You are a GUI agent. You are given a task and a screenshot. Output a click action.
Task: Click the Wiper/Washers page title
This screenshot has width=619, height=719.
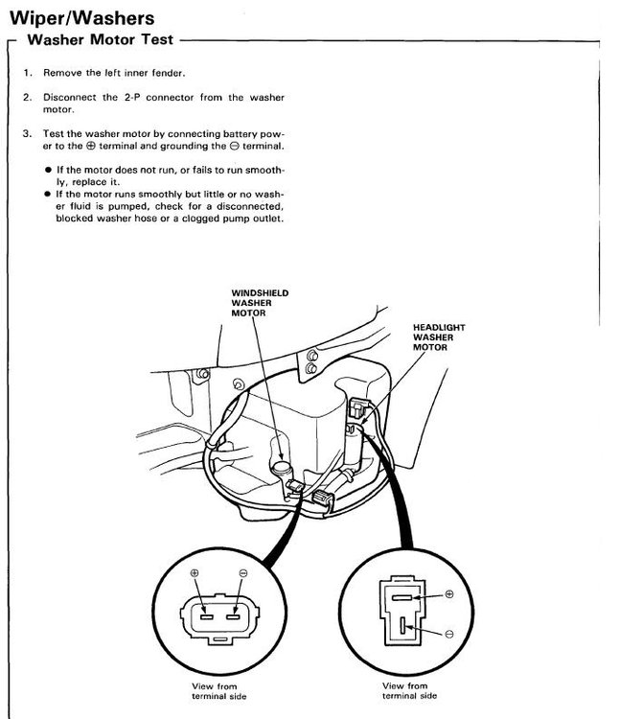tap(80, 18)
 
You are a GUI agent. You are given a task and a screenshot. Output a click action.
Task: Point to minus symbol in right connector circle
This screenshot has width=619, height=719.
tap(450, 634)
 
